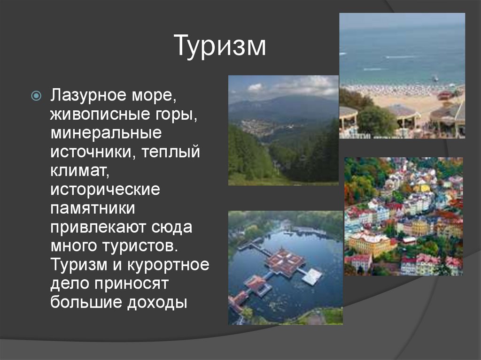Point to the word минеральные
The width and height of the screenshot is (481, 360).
tap(106, 133)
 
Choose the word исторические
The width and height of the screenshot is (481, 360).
tap(106, 189)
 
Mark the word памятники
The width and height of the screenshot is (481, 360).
tap(93, 208)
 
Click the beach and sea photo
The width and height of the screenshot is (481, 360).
tap(402, 76)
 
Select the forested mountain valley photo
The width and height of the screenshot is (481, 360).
tap(283, 130)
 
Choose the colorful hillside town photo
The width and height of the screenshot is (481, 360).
tap(403, 216)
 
